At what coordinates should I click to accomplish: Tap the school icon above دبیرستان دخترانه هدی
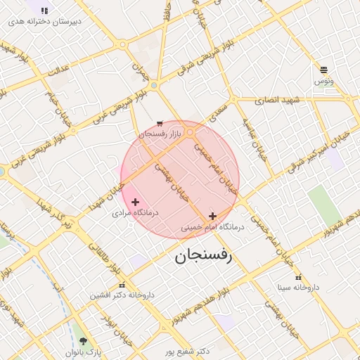[x=45, y=11]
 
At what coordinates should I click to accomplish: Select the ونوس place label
[x=323, y=82]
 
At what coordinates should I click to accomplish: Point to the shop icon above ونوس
[x=323, y=70]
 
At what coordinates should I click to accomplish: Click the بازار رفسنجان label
[x=160, y=133]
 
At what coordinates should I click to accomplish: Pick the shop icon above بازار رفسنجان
[x=160, y=122]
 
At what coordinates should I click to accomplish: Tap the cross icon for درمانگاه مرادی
[x=135, y=202]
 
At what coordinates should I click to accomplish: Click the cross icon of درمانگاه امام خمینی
[x=212, y=216]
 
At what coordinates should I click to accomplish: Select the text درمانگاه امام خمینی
[x=212, y=227]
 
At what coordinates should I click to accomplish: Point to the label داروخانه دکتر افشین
[x=122, y=295]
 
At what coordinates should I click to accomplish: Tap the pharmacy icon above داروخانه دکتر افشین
[x=122, y=285]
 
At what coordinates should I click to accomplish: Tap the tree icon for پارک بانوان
[x=84, y=341]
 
